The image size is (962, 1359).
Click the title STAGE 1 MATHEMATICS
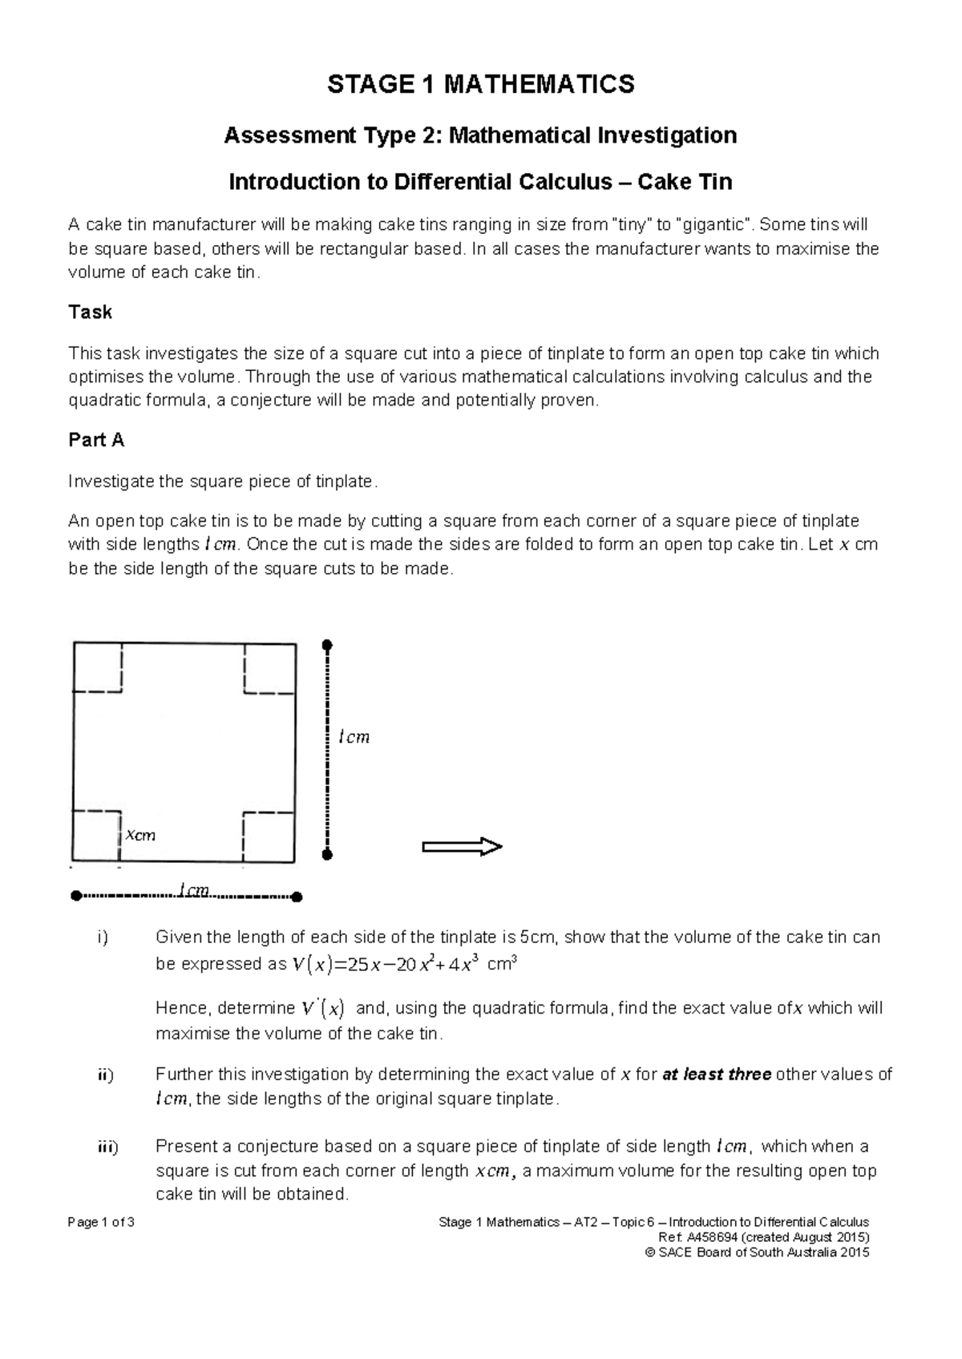[x=480, y=83]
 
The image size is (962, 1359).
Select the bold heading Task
[x=90, y=312]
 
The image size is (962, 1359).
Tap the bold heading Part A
[x=96, y=440]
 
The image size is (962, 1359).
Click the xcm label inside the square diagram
[x=140, y=835]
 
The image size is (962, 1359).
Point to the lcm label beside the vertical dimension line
[x=354, y=737]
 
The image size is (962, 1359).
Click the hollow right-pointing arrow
[x=462, y=846]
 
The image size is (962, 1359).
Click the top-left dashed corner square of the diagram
[x=97, y=667]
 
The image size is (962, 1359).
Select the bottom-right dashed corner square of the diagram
[x=268, y=837]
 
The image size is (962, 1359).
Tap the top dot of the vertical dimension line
[x=326, y=645]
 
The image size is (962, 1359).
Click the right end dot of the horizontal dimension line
[x=297, y=897]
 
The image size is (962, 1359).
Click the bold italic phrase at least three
[x=717, y=1075]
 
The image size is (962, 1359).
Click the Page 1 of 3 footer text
[x=102, y=1223]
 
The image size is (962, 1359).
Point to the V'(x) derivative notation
[x=322, y=1008]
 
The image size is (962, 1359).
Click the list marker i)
[x=102, y=938]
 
